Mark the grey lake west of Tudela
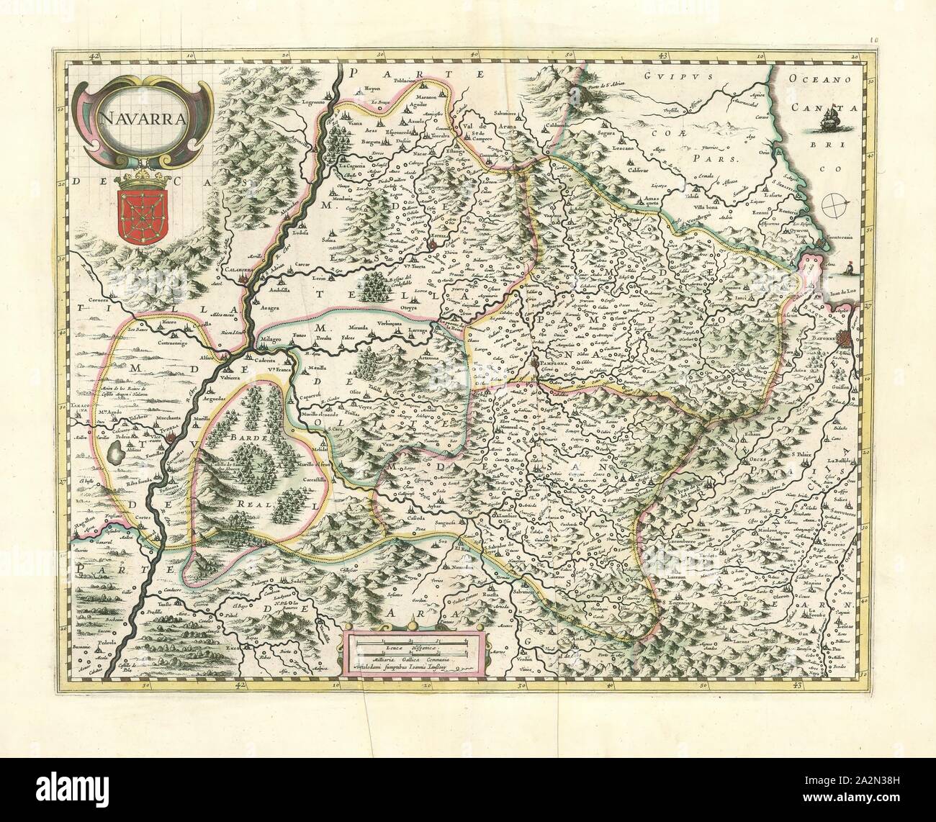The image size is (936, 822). click(x=116, y=453)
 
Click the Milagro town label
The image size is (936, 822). click(x=270, y=338)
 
